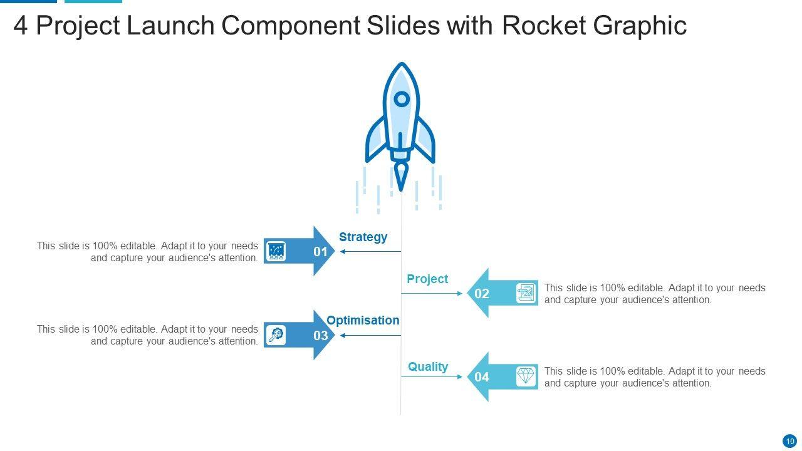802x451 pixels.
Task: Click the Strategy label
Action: pyautogui.click(x=363, y=237)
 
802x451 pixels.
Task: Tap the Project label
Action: pyautogui.click(x=427, y=279)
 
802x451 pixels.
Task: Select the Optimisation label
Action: pyautogui.click(x=363, y=320)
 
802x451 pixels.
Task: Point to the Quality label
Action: pyautogui.click(x=428, y=366)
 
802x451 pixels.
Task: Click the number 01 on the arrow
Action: pyautogui.click(x=321, y=252)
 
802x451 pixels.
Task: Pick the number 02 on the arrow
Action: pyautogui.click(x=482, y=294)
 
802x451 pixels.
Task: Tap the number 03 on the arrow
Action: pyautogui.click(x=321, y=336)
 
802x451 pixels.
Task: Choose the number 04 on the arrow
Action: pyautogui.click(x=482, y=377)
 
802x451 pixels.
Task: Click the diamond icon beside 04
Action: pyautogui.click(x=526, y=376)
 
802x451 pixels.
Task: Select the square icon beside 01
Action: pyautogui.click(x=276, y=252)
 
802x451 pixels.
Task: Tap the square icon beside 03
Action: pyautogui.click(x=276, y=335)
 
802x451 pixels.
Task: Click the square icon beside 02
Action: pyautogui.click(x=526, y=293)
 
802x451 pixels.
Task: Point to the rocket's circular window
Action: pyautogui.click(x=401, y=99)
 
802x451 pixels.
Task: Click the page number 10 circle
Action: pyautogui.click(x=789, y=441)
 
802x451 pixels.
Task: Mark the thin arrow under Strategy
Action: pyautogui.click(x=370, y=252)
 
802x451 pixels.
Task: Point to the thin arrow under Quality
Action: pyautogui.click(x=432, y=377)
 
